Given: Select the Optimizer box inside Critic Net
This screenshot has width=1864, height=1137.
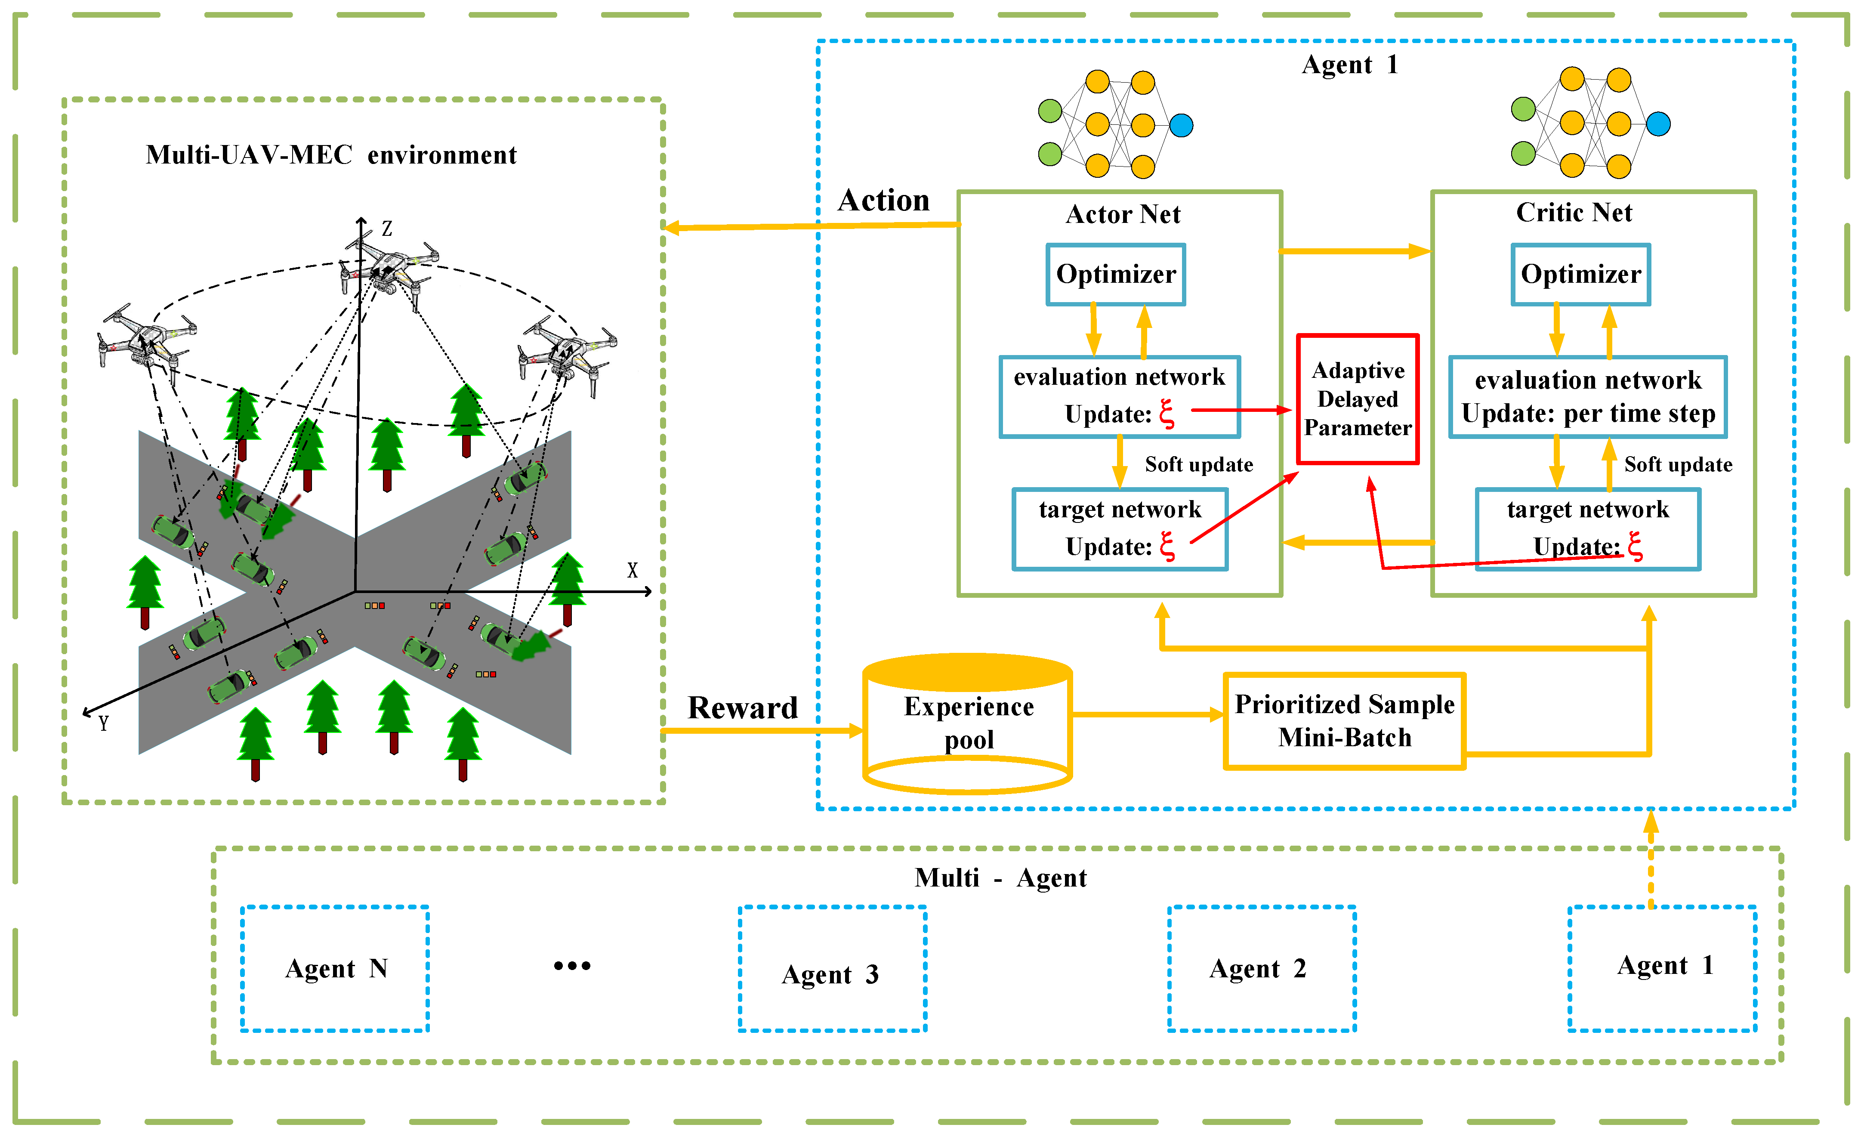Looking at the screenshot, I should click(1580, 274).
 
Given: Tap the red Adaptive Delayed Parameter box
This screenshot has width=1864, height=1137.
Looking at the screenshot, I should click(1357, 399).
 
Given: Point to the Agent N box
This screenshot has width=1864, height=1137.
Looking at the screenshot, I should click(335, 968).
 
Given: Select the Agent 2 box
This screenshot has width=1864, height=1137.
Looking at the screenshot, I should click(1261, 968).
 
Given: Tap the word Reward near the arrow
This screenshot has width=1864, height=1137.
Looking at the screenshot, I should click(742, 708).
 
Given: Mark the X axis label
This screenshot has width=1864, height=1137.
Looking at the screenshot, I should click(633, 570).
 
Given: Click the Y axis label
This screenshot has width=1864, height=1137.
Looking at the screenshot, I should click(104, 723).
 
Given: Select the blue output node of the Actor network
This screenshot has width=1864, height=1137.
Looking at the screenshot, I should click(1181, 125).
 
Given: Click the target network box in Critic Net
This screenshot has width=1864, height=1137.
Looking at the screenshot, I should click(1587, 529).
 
